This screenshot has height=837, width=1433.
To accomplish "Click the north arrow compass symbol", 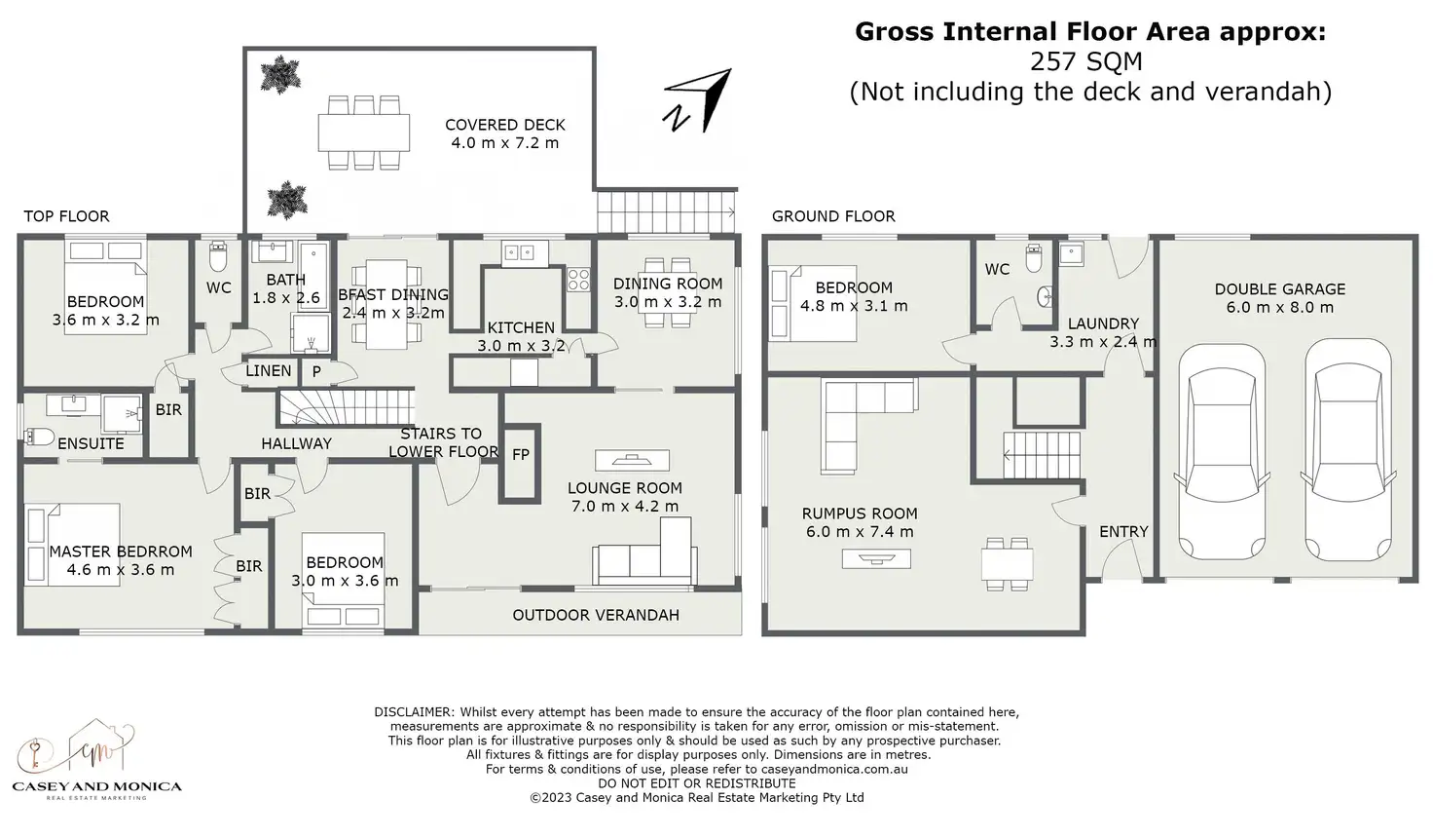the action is point(697,100).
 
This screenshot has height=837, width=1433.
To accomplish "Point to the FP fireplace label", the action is point(520,454).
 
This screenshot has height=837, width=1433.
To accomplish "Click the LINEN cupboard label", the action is point(269,371).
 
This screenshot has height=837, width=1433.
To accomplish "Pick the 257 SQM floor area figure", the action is point(1085,62).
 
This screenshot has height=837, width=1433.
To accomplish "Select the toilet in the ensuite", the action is point(40,436).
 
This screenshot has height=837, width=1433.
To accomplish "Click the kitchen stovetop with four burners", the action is point(579,280).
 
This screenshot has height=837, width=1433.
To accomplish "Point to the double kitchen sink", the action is point(517,253).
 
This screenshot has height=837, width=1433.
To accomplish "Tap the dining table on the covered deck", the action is point(363,133).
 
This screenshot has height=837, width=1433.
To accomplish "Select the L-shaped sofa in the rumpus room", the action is point(863,418).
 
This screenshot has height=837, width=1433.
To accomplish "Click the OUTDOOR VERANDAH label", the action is point(596,615).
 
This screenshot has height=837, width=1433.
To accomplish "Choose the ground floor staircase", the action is point(1043,455).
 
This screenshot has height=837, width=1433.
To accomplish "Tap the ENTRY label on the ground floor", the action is point(1123,531).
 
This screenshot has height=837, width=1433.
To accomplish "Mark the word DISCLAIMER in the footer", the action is point(414,712).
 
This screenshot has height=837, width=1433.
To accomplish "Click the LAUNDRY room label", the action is point(1103,323).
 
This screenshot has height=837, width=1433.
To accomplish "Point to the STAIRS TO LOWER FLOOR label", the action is point(443,442).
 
